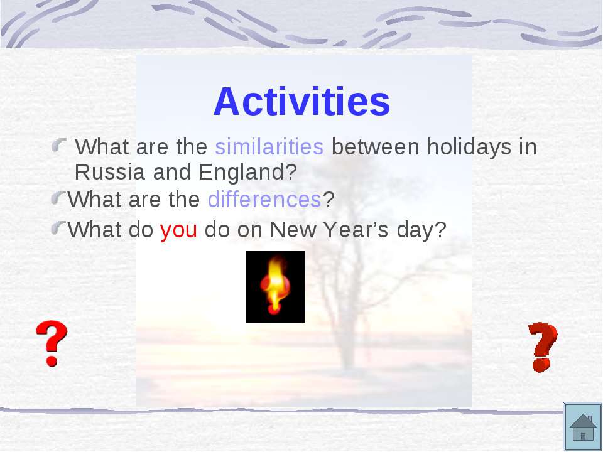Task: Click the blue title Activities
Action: (301, 101)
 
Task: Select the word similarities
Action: (269, 146)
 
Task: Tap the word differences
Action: (264, 199)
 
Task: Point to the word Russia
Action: (109, 172)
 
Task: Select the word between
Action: (376, 146)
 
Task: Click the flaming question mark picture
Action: (275, 287)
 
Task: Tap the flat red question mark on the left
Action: (52, 343)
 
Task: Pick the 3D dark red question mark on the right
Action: (542, 347)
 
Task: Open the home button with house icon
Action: (583, 427)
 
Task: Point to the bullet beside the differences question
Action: (59, 198)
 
